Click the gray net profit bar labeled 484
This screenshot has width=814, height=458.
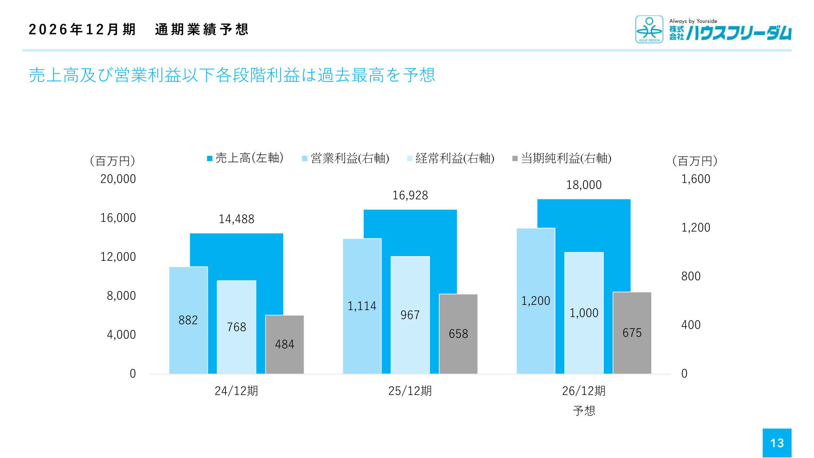pos(284,344)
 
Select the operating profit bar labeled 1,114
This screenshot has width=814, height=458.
pos(362,306)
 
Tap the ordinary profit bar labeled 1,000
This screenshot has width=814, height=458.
pos(584,313)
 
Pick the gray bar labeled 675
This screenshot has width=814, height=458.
pos(632,333)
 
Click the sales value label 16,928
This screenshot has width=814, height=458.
pos(410,195)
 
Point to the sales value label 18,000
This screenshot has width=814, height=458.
pos(584,185)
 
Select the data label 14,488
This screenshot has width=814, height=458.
pos(236,219)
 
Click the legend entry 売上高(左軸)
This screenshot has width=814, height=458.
pos(245,158)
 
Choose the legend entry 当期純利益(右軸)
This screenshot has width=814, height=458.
pos(562,158)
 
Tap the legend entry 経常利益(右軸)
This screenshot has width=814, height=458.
pos(451,158)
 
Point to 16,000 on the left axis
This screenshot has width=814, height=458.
pos(118,218)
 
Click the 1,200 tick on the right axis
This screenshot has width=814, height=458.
pos(696,228)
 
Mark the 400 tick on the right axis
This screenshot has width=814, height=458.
pos(691,325)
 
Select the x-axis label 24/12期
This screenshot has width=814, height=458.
pos(236,391)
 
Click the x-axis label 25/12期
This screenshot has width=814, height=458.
pos(410,391)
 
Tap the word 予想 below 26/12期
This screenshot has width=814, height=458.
pos(584,411)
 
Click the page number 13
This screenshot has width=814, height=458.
pos(777,443)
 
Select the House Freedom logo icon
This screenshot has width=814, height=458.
pos(649,29)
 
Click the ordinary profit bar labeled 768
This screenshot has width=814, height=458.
pos(236,327)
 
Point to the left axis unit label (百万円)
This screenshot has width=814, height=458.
pos(112,161)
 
